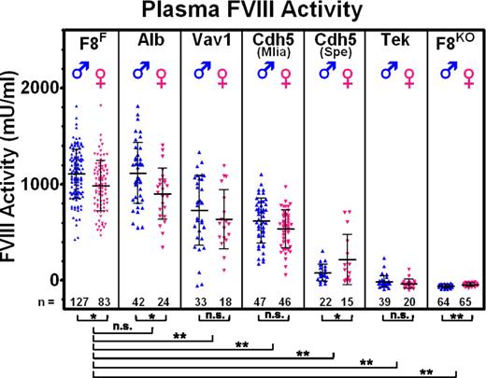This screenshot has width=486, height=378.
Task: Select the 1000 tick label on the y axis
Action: point(45,184)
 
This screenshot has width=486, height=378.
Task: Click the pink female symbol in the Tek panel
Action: point(408,71)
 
